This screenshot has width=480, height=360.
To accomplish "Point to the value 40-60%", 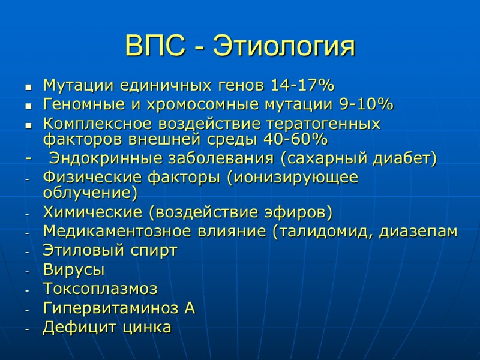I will coord(296,140).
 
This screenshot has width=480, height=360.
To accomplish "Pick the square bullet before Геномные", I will coord(28,106).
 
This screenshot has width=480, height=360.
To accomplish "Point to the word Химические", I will coord(93,213).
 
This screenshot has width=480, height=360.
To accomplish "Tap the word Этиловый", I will coord(78,251).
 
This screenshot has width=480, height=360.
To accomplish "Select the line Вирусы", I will coord(73,270).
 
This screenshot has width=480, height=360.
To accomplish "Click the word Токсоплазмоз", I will coord(100,289).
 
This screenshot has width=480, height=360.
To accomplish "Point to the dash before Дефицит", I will coord(27,329).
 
